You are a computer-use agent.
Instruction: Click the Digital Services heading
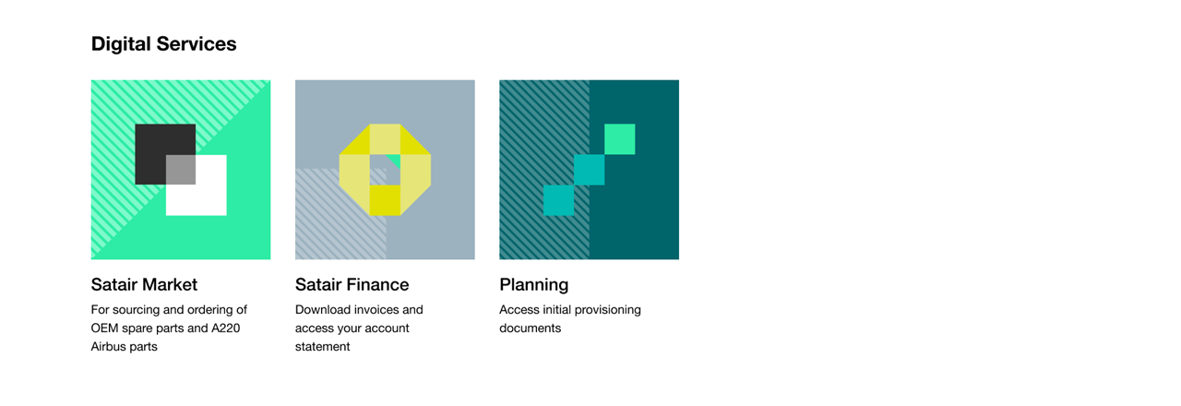click(x=163, y=44)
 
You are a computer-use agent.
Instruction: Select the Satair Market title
click(x=144, y=285)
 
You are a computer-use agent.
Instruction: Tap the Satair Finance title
click(x=352, y=285)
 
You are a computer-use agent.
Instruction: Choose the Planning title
click(x=533, y=285)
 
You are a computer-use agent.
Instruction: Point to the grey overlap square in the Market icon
click(x=181, y=170)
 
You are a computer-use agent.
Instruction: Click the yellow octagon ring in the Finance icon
click(x=354, y=170)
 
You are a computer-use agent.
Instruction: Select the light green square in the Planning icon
click(x=619, y=139)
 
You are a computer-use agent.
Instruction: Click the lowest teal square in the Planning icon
click(x=558, y=200)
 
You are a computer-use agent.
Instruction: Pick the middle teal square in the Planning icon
click(x=589, y=170)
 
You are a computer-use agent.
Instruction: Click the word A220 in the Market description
click(x=226, y=328)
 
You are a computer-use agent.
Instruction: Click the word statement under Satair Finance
click(x=322, y=346)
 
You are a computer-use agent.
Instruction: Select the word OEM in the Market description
click(x=104, y=328)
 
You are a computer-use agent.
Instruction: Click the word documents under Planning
click(x=530, y=328)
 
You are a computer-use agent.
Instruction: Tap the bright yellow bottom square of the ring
click(x=385, y=200)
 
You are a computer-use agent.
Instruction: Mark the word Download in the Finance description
click(x=323, y=309)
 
